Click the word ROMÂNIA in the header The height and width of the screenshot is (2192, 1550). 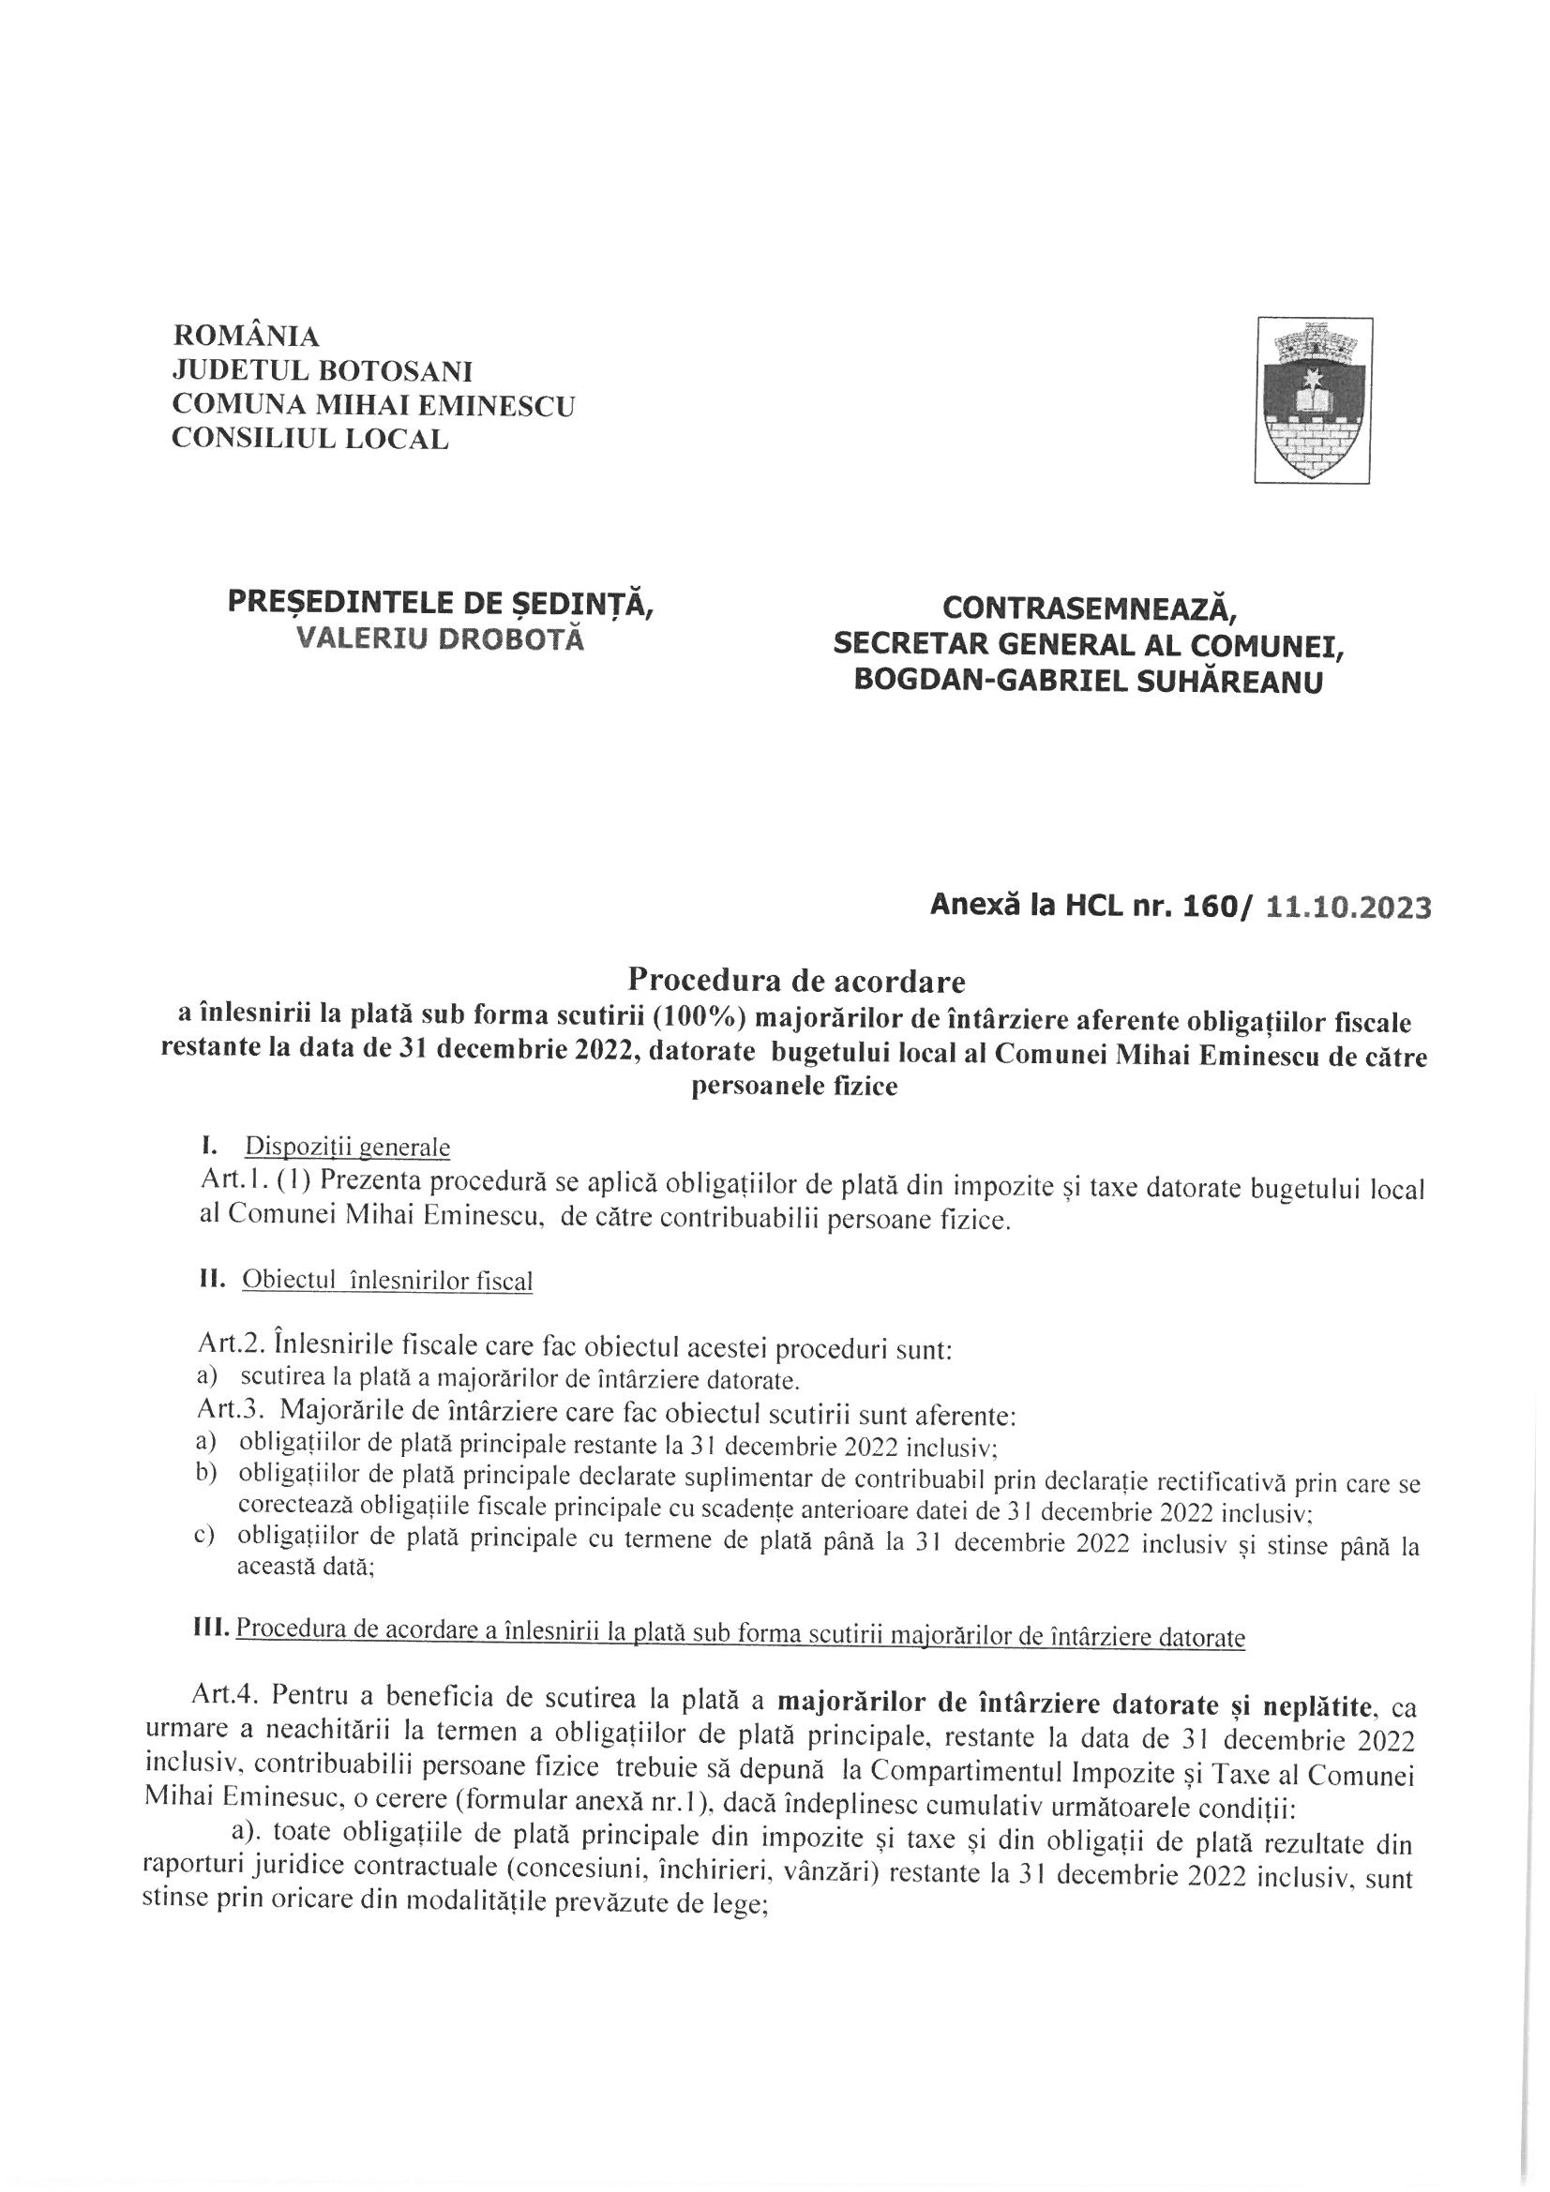[247, 337]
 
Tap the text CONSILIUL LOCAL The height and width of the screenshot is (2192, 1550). [309, 439]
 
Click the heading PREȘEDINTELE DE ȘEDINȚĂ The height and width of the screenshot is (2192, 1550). [441, 604]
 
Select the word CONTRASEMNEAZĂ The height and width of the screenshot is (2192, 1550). [1089, 608]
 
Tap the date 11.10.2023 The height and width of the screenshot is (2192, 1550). [1347, 907]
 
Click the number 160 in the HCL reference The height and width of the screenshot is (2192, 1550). [1208, 907]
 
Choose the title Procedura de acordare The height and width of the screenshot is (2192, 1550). [795, 981]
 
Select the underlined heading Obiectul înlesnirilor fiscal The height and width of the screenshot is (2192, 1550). [388, 1282]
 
